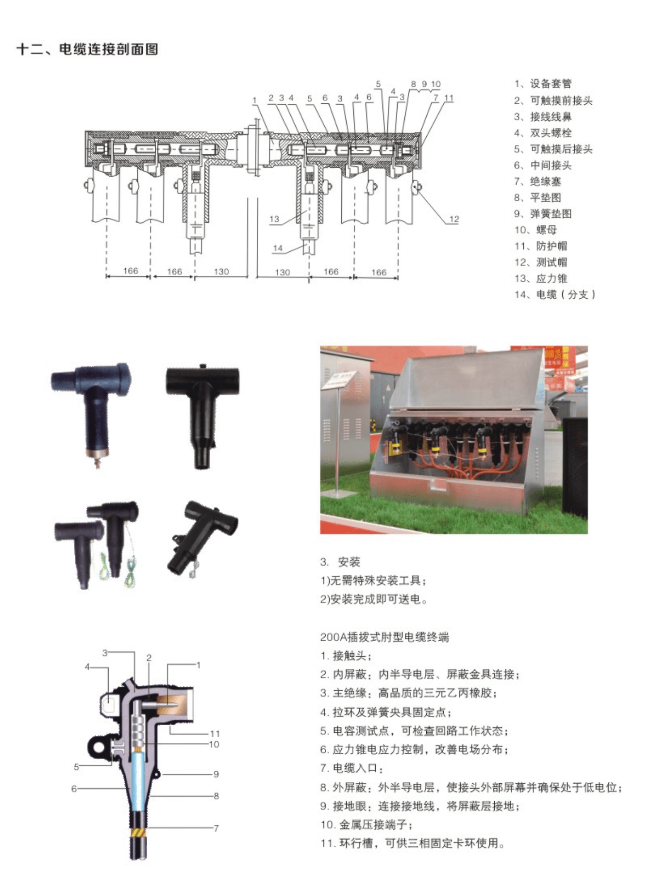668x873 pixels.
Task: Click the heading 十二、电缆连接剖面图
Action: click(87, 49)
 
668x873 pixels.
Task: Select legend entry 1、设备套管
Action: click(543, 84)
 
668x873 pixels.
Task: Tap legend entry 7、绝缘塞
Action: click(537, 181)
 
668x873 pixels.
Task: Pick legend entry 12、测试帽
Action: click(540, 262)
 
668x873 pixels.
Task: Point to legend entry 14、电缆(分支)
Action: click(555, 294)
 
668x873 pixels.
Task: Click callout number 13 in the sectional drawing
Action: click(274, 219)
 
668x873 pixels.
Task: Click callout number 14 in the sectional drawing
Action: click(278, 248)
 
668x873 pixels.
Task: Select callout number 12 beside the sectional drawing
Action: click(454, 219)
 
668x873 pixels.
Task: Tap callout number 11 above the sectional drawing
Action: click(449, 97)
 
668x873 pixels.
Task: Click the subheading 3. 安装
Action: click(340, 562)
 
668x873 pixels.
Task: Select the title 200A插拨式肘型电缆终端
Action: click(384, 637)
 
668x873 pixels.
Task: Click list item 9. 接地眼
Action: click(420, 806)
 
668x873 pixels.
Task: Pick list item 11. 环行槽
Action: click(413, 843)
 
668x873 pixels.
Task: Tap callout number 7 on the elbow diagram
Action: click(216, 828)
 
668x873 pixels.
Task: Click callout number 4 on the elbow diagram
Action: click(87, 667)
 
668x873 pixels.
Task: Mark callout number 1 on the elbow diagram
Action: click(198, 665)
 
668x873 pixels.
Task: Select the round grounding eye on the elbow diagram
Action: click(100, 747)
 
